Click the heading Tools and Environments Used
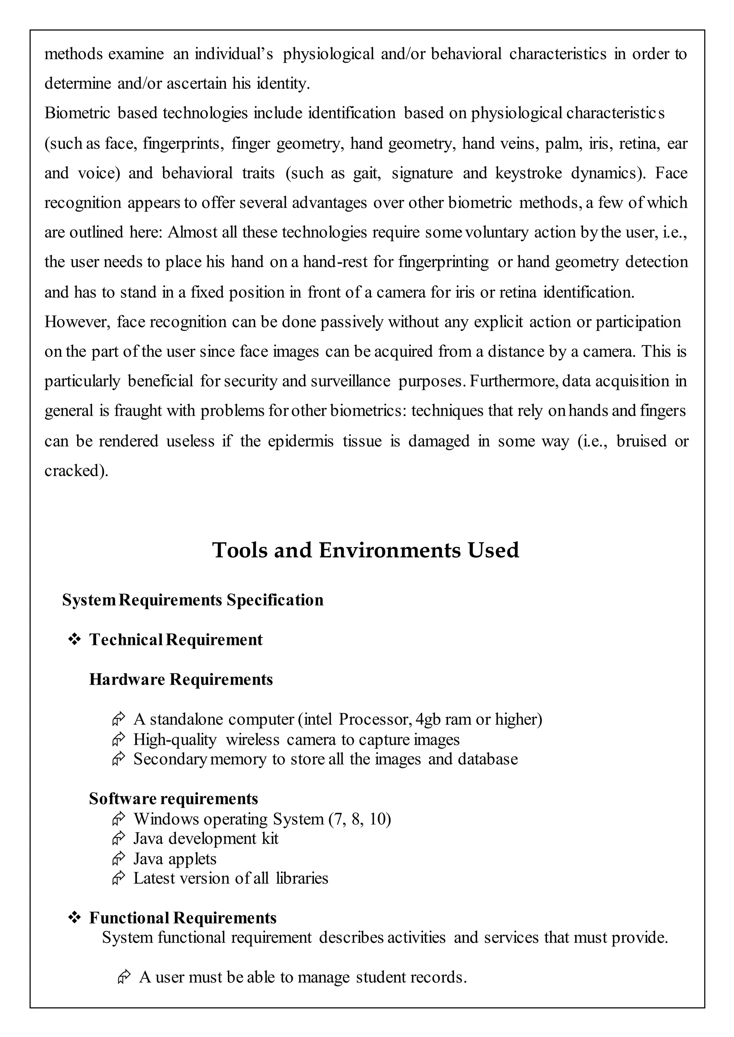pos(365,550)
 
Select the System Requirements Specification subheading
pos(192,600)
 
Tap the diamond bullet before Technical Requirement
pos(74,639)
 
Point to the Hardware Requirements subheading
pos(181,679)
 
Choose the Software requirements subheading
pos(173,799)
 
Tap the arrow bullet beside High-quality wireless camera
pos(118,740)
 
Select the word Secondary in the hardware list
pos(170,759)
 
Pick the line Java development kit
pos(206,839)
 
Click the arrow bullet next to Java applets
pos(118,858)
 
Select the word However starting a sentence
pos(77,322)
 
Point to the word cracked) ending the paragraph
pos(76,471)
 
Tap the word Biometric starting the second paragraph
pos(77,113)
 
